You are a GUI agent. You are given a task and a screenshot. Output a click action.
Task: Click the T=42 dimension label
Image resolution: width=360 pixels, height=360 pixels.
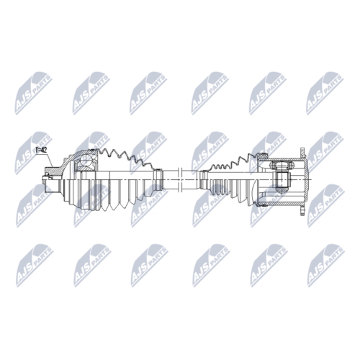coord(41,150)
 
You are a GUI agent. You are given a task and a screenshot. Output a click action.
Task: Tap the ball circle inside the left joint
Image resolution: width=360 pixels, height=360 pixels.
coord(86,159)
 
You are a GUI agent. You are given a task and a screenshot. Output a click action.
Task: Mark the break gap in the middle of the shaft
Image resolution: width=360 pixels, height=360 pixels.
coord(181,180)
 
